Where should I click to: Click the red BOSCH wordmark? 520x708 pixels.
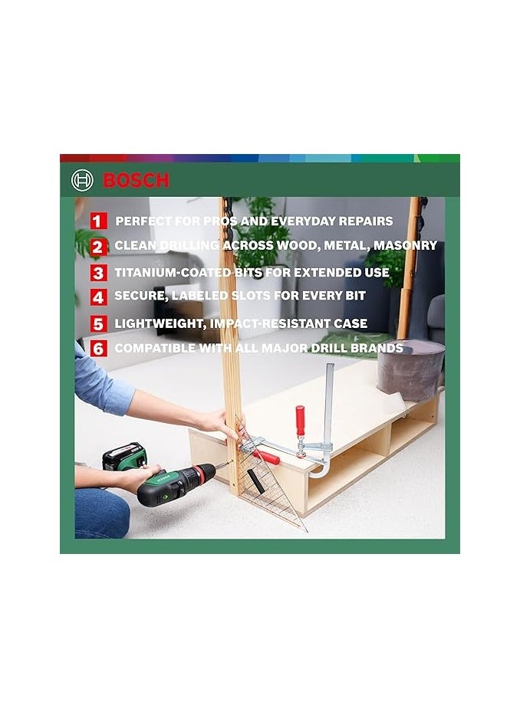(136, 181)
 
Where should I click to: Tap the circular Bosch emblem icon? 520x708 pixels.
(82, 181)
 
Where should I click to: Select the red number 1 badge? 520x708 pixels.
(97, 221)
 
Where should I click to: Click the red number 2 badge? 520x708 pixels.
(97, 247)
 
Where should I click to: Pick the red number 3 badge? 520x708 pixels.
(97, 273)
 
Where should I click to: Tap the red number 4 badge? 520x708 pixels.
(97, 297)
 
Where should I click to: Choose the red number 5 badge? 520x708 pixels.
(97, 323)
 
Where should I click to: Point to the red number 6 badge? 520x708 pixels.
(97, 349)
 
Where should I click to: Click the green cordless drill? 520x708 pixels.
(174, 483)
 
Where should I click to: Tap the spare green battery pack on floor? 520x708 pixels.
(124, 457)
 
